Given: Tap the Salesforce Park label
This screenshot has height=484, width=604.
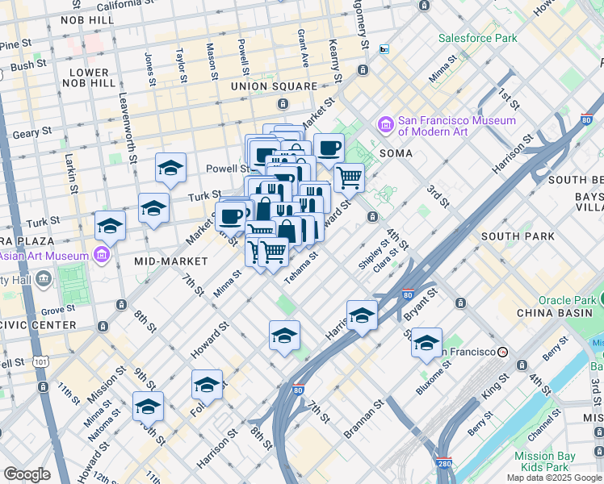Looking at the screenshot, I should coord(477,38).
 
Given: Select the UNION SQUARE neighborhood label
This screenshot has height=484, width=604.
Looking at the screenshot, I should coord(274,86).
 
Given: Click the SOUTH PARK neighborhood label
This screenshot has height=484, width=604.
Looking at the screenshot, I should coord(518,236).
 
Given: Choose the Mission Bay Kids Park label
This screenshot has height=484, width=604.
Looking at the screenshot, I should coord(545,461).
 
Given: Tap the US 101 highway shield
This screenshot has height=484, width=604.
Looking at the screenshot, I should coord(40,362).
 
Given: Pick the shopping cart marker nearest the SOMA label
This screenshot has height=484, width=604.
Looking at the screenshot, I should coord(349,177).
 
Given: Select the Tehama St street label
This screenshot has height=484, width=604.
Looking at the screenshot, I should coord(300,266).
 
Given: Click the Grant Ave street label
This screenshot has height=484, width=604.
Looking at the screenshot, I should coord(302,48).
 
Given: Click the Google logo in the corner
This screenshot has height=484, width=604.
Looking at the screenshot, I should coord(27,474).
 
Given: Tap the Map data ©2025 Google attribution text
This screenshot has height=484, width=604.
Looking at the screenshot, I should coord(553,478).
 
